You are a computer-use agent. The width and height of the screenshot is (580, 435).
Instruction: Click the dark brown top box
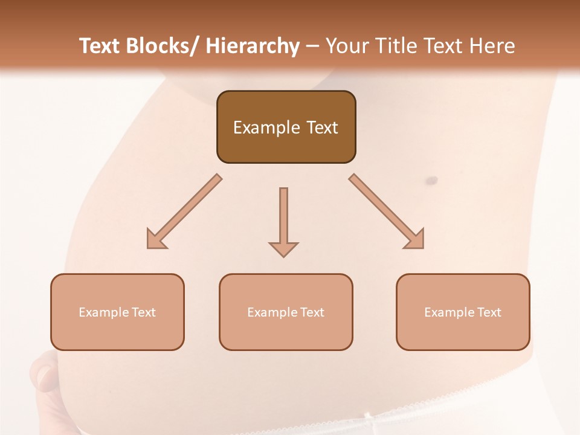(286, 127)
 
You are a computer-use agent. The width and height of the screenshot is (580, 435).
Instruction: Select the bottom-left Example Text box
(117, 312)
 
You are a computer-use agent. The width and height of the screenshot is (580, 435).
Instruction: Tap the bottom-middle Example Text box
(286, 312)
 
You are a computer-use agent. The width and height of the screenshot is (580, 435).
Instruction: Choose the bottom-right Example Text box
(463, 312)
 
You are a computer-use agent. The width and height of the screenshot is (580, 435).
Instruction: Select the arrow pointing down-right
(387, 212)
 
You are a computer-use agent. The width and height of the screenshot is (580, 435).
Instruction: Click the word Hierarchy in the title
(253, 46)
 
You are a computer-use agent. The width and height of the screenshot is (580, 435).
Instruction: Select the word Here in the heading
(494, 46)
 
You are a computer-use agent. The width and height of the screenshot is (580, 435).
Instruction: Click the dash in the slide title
(312, 47)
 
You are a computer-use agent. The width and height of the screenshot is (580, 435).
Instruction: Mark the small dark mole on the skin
(432, 180)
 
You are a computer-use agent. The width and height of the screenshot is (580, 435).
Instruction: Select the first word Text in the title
(100, 46)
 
